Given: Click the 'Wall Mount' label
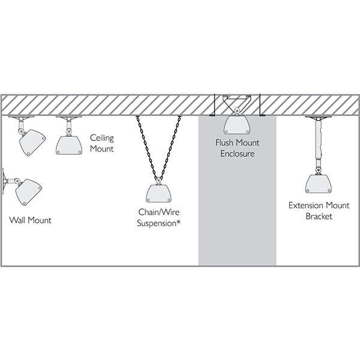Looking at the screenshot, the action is point(31,220).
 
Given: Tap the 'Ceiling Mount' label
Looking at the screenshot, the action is point(102,143).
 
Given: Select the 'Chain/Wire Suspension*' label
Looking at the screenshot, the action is point(159,217).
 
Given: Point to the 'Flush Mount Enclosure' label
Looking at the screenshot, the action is point(238,148).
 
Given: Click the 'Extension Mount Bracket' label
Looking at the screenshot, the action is point(319,211).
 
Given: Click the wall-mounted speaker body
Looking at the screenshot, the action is point(29,192).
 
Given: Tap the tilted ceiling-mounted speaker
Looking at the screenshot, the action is point(32,143).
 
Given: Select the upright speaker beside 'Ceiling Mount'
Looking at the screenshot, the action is point(69,145).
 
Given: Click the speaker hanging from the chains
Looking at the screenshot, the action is point(159,193).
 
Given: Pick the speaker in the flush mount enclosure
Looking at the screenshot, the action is point(237,125).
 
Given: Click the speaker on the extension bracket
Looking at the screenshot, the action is point(319,184).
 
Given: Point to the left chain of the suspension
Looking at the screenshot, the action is point(147,147).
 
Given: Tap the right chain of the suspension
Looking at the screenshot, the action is point(170,147).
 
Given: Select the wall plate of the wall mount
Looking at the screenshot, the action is point(3,181).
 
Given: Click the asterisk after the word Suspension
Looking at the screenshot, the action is point(178,222).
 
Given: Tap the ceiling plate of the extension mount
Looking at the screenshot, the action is point(319,118).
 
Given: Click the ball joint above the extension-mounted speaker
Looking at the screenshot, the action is point(319,170).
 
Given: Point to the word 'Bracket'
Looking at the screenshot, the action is point(319,216).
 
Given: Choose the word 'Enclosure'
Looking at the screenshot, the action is point(238,154).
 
